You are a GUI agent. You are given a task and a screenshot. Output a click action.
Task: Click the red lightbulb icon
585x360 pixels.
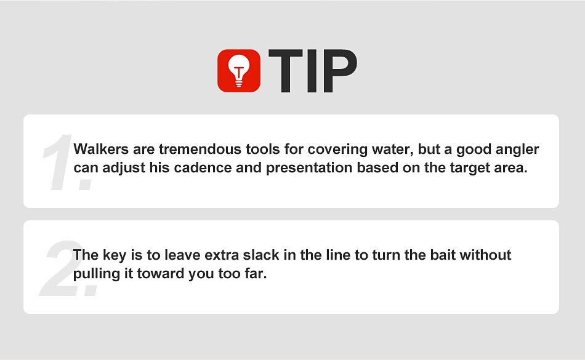(239, 71)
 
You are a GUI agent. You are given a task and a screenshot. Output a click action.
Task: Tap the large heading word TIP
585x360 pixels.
(313, 71)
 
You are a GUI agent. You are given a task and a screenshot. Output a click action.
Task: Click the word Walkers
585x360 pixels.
(101, 149)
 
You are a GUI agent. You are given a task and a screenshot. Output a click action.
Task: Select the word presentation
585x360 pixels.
(309, 169)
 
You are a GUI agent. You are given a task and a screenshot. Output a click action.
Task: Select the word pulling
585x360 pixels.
(97, 274)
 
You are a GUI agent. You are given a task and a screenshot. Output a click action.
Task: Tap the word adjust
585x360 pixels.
(124, 169)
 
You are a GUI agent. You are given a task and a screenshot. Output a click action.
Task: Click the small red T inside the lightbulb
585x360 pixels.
(239, 71)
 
